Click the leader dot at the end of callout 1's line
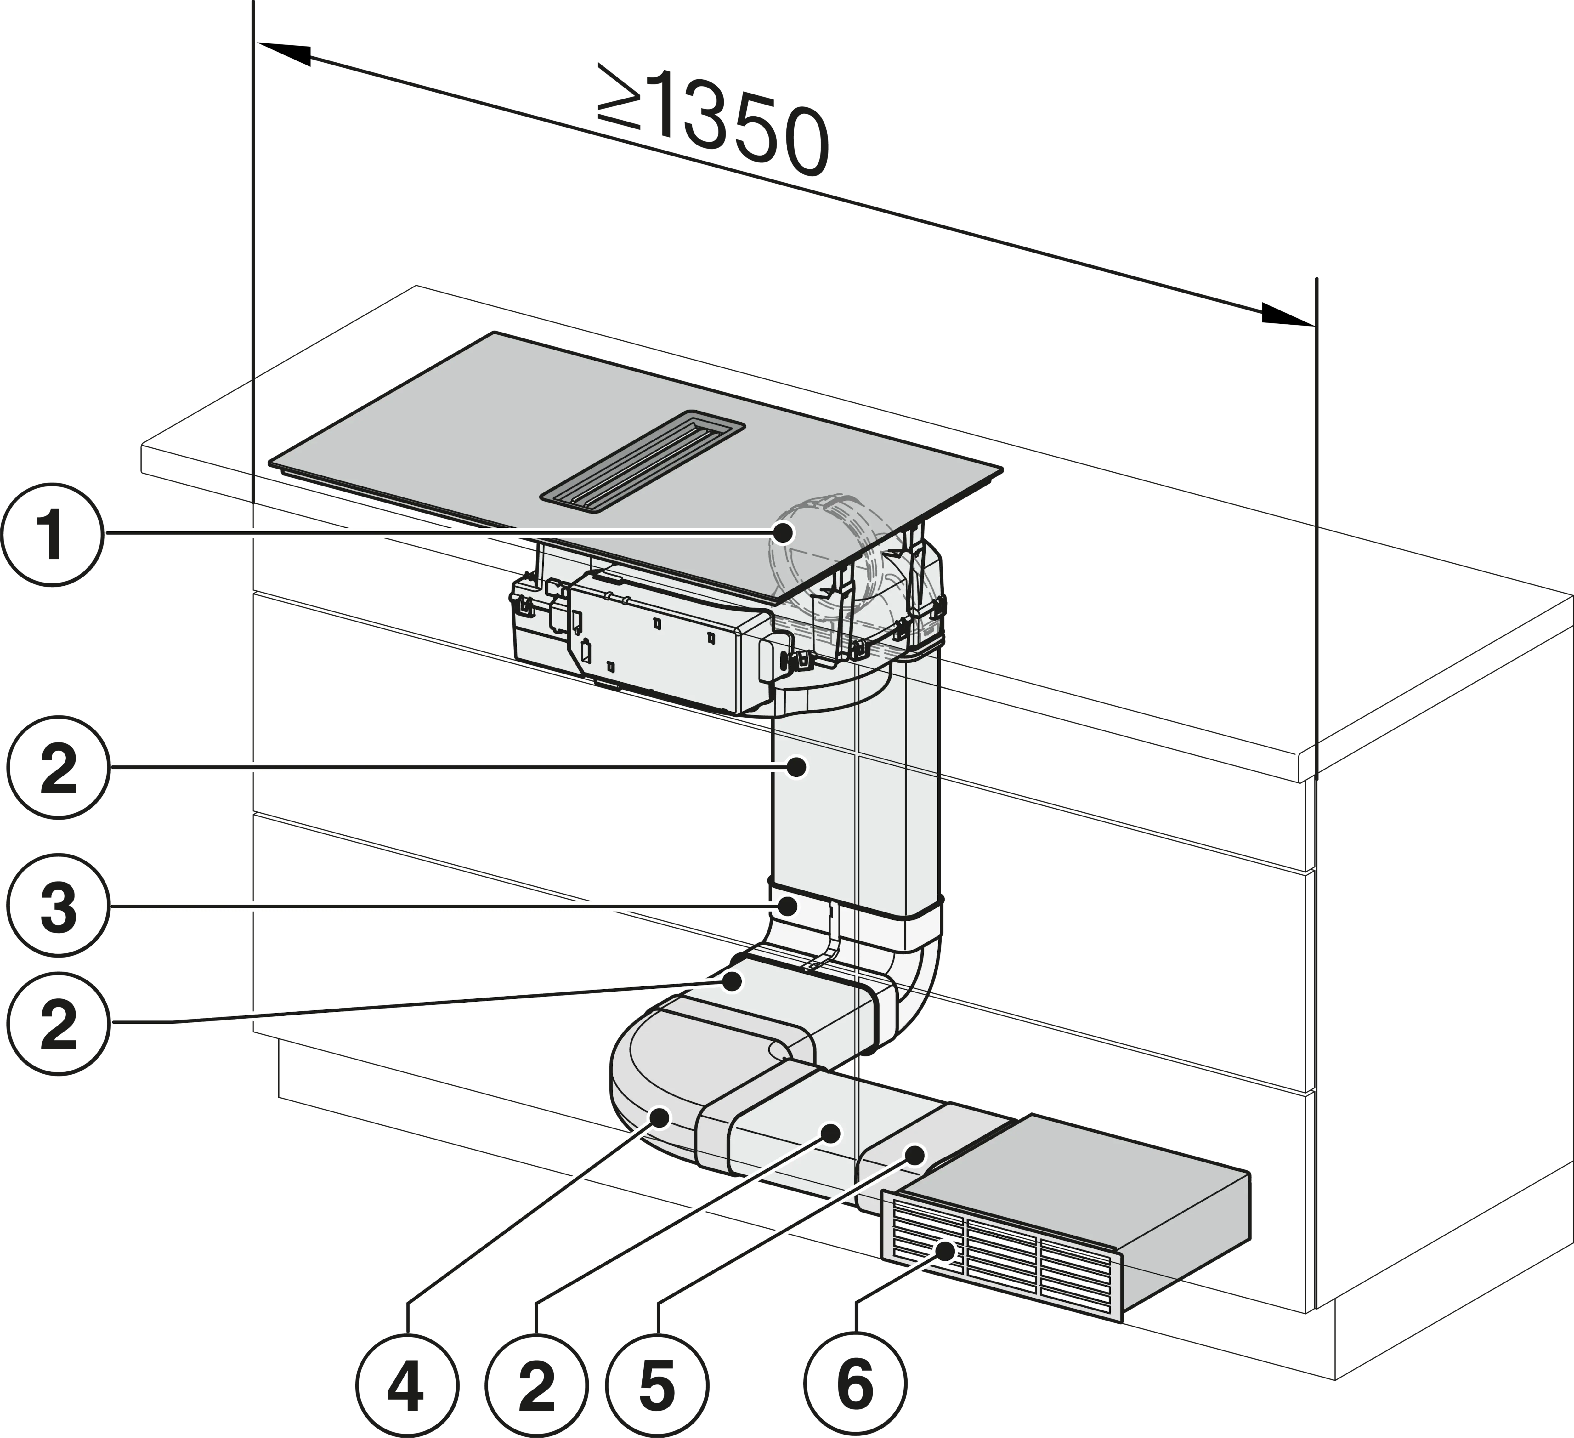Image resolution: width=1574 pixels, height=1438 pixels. coord(782,533)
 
